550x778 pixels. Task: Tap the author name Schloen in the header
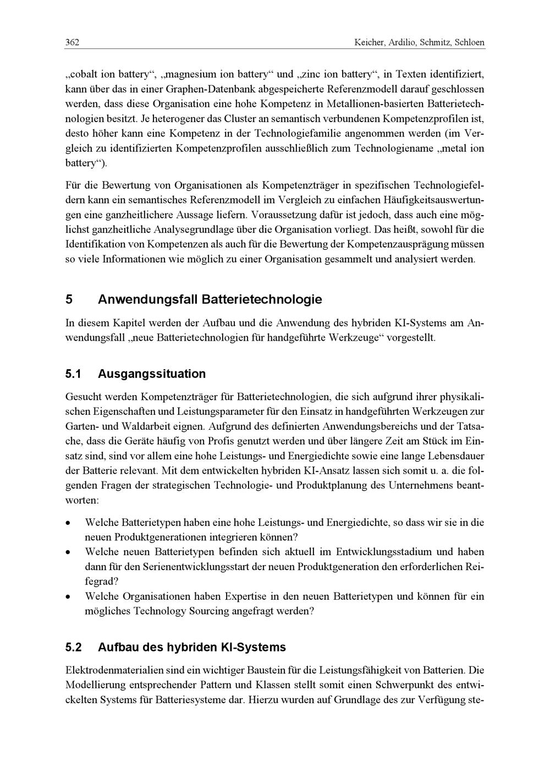coord(470,42)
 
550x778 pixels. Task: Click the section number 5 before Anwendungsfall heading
coord(69,300)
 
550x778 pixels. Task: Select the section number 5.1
coord(73,374)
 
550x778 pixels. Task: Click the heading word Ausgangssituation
coord(152,374)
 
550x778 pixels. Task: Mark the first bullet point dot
coord(68,522)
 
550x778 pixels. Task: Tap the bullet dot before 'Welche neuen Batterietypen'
coord(68,552)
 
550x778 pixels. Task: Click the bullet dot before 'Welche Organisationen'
coord(68,596)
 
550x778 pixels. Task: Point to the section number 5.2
coord(73,647)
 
